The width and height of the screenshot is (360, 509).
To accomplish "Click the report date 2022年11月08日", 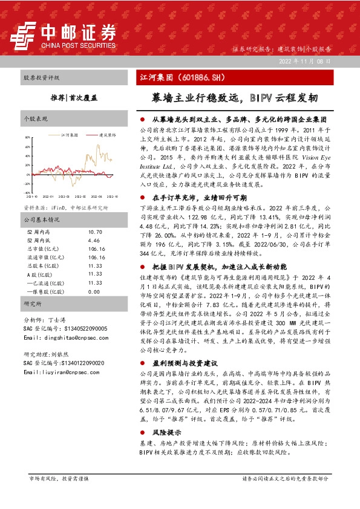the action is point(305,62).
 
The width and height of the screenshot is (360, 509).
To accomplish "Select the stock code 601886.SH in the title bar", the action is point(190,77).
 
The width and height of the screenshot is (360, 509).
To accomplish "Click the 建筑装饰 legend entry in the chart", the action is point(107,135).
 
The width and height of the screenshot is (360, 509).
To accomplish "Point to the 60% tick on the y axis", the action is point(27,144).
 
